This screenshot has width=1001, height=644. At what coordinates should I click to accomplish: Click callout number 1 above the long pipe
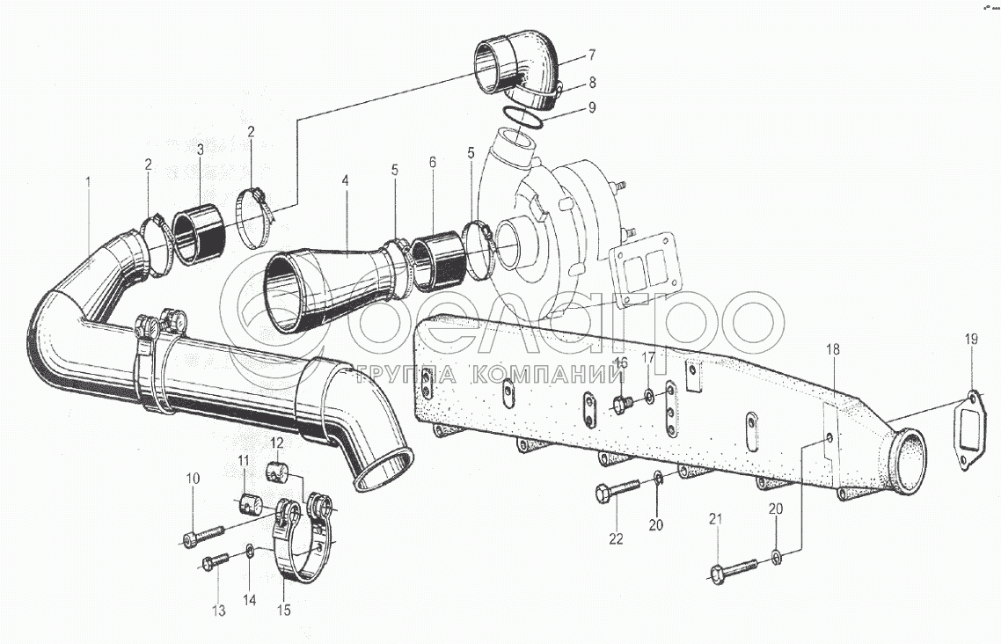click(x=88, y=182)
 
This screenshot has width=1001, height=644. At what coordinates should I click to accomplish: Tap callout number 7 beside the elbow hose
click(x=592, y=55)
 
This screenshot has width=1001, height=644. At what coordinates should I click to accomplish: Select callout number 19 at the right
click(x=970, y=340)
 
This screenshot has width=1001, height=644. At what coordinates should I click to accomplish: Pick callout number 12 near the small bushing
click(x=276, y=443)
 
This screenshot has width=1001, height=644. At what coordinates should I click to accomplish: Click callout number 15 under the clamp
click(x=284, y=608)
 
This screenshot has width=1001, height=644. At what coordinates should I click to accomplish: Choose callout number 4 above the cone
click(x=346, y=181)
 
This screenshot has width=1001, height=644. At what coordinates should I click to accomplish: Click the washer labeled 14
click(x=252, y=552)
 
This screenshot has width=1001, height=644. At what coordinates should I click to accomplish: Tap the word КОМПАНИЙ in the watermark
click(x=543, y=375)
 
